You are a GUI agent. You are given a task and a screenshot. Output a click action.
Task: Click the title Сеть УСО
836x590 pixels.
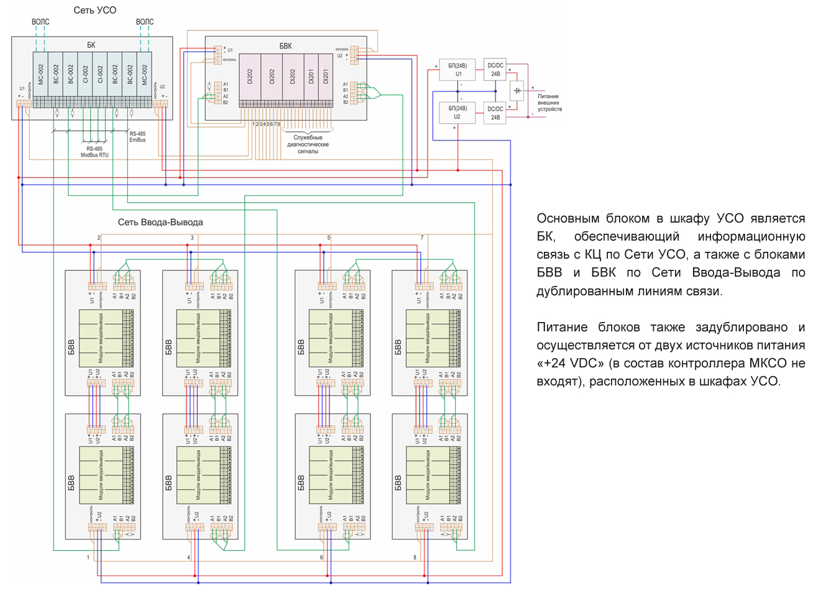click(x=94, y=10)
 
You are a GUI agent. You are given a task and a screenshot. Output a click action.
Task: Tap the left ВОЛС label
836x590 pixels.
click(x=40, y=22)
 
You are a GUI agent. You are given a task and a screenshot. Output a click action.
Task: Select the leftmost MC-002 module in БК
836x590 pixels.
click(x=40, y=74)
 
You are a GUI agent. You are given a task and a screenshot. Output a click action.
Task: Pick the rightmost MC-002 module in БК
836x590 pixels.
click(x=145, y=74)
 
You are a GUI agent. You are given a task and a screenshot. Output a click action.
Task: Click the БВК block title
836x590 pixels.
click(x=285, y=46)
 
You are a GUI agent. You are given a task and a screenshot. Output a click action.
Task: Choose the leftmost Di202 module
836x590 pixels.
click(x=250, y=76)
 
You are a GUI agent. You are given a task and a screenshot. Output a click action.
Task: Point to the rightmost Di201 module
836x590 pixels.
click(x=326, y=76)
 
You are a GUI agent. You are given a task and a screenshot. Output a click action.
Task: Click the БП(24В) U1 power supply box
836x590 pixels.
click(x=457, y=70)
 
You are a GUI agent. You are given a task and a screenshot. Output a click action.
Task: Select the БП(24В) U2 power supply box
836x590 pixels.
click(x=457, y=113)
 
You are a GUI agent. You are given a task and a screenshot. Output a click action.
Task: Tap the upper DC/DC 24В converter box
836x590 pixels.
click(x=495, y=70)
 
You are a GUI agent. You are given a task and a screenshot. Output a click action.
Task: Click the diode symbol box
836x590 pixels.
click(x=517, y=91)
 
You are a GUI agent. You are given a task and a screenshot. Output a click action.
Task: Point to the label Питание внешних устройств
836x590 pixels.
click(x=549, y=103)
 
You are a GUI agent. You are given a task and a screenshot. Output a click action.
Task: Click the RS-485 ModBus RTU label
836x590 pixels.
click(x=94, y=152)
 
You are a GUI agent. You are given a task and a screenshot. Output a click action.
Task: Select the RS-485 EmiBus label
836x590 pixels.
click(x=137, y=137)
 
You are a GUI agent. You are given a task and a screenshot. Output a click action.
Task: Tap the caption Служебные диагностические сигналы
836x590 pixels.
click(x=308, y=144)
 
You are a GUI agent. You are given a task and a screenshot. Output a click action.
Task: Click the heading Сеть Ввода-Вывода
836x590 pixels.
click(x=160, y=222)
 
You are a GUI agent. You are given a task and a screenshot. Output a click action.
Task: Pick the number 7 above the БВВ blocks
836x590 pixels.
click(x=422, y=237)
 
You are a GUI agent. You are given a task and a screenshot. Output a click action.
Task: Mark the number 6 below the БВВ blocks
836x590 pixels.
click(x=321, y=558)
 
